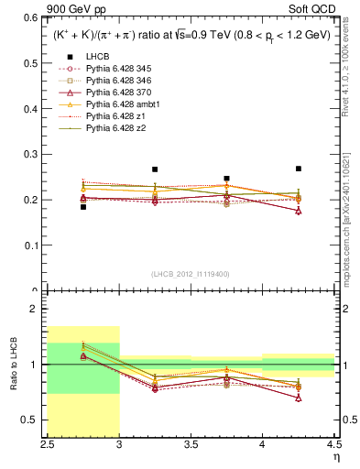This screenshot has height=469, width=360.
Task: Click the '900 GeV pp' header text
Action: [x=74, y=8]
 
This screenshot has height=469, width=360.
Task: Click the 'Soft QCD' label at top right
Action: [x=316, y=8]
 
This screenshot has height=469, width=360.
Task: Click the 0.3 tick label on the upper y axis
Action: [x=31, y=154]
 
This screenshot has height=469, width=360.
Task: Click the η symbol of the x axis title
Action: [x=335, y=458]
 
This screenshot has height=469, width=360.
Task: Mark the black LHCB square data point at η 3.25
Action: [x=155, y=169]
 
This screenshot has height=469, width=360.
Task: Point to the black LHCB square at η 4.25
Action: [x=299, y=169]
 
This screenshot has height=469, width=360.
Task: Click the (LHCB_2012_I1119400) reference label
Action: [x=190, y=274]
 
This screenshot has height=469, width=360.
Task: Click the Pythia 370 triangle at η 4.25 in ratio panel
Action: [x=299, y=398]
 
